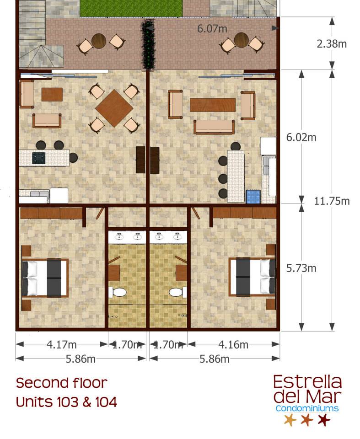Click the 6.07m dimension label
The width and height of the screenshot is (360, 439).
click(212, 28)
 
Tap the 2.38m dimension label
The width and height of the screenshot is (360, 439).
click(332, 44)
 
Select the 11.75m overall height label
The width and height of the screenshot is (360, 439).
click(332, 201)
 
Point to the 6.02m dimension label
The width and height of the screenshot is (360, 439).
click(301, 137)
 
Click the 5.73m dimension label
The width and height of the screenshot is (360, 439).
click(301, 268)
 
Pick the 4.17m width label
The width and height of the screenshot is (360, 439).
click(61, 344)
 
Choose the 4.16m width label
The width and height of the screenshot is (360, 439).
click(233, 345)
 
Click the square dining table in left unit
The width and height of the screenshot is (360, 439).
click(114, 108)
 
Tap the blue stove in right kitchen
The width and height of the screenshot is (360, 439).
click(253, 197)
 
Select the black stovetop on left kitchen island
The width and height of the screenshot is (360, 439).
click(38, 158)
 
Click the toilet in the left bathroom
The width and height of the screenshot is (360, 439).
click(118, 292)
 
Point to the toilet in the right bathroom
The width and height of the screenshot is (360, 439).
click(178, 293)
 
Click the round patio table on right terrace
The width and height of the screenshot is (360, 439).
click(242, 40)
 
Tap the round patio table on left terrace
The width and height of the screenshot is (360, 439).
click(98, 41)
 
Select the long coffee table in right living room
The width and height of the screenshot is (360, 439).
click(213, 105)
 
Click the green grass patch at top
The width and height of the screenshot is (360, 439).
click(131, 8)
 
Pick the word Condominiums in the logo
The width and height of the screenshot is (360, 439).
click(307, 408)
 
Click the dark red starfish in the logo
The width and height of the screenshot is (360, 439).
click(324, 420)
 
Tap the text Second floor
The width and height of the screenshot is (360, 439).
click(62, 383)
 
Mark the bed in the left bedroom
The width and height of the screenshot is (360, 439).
click(45, 278)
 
